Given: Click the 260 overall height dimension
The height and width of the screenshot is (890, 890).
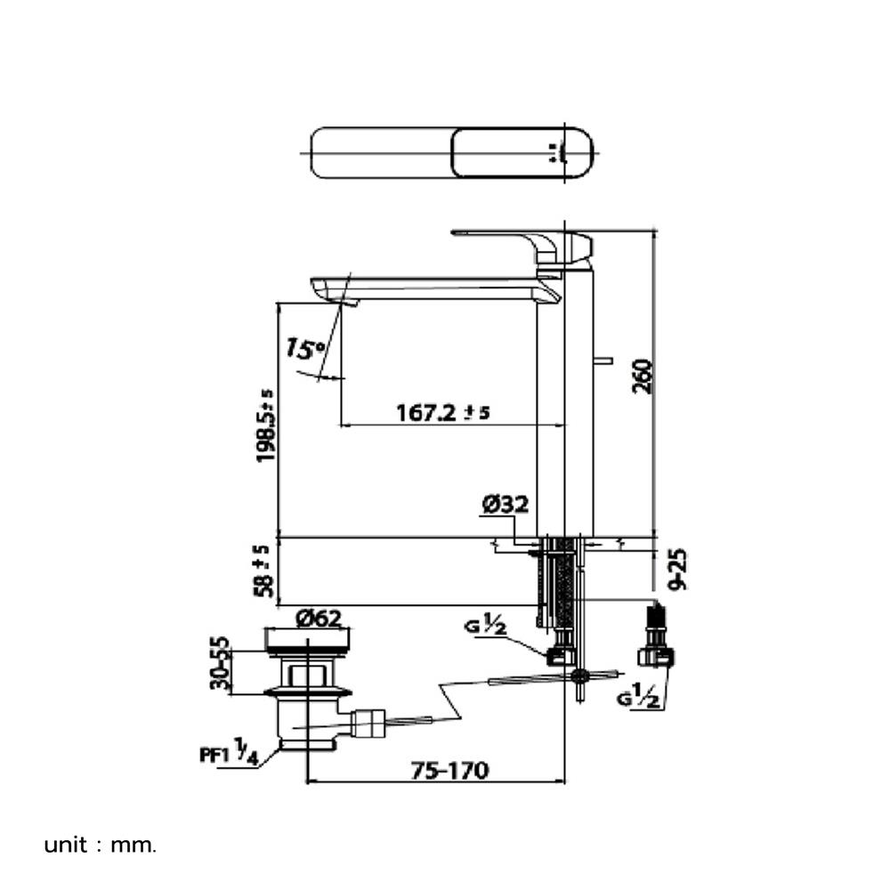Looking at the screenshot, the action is click(x=643, y=376).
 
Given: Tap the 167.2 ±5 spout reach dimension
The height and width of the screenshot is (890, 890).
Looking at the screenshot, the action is click(x=442, y=412).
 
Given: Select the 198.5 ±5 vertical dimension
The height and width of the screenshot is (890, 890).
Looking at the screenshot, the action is click(x=265, y=425).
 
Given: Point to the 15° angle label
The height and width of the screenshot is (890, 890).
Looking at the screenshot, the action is click(x=304, y=348).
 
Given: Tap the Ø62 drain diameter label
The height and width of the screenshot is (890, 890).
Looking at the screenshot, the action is click(x=319, y=619).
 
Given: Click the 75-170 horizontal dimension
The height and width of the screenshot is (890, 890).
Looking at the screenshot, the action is click(x=449, y=770).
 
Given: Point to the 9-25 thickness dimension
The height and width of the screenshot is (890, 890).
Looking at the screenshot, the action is click(x=676, y=570).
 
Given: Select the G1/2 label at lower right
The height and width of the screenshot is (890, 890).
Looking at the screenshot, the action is click(x=638, y=695).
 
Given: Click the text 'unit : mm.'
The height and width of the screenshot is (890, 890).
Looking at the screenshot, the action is click(x=100, y=845).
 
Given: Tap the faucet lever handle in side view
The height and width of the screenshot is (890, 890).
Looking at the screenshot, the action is click(x=522, y=246).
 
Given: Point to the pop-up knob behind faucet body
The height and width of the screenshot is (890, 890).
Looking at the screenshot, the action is click(x=603, y=360).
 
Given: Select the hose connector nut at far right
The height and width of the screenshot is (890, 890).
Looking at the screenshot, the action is click(x=656, y=657).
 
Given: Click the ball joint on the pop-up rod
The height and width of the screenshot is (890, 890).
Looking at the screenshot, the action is click(x=579, y=675).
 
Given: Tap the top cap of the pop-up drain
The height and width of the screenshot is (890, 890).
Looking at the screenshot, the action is click(x=307, y=639).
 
